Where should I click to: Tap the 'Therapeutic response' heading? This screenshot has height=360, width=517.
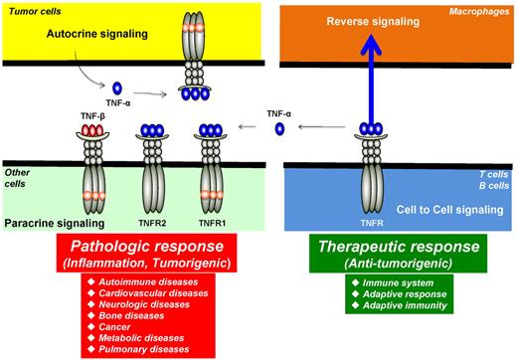point(400,247)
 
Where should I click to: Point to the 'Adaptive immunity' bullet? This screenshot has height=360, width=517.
point(390,304)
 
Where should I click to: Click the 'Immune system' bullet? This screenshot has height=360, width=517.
point(383,281)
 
